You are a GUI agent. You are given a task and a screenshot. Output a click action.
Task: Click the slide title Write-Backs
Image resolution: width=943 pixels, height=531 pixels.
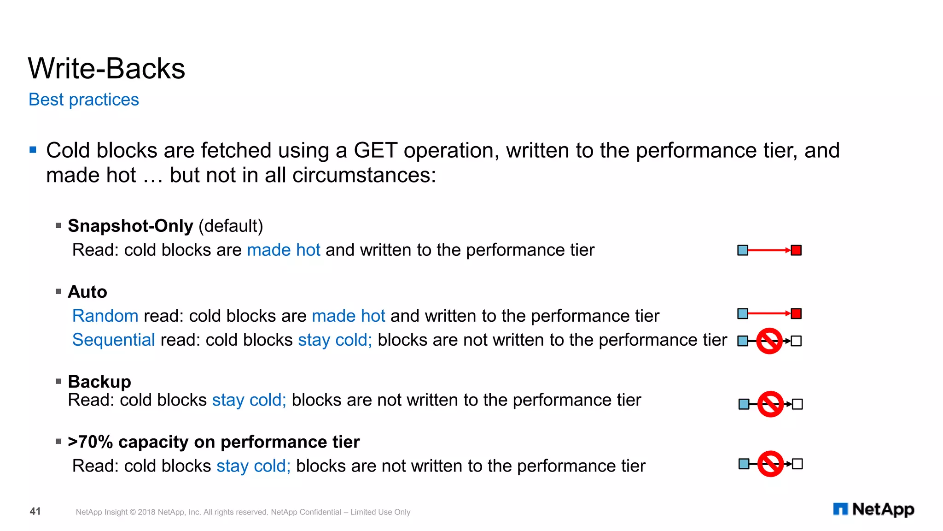pos(106,69)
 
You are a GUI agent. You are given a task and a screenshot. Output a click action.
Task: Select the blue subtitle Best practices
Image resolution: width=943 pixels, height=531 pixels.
pos(83,100)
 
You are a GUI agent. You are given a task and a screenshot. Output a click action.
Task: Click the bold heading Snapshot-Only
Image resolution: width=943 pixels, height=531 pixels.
pos(130,226)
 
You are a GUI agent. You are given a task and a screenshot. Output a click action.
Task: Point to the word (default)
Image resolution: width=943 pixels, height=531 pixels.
pos(231,226)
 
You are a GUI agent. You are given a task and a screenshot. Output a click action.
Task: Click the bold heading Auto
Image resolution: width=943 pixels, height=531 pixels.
pos(87,292)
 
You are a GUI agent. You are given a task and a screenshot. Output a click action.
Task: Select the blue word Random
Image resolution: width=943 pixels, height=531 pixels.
pos(105,316)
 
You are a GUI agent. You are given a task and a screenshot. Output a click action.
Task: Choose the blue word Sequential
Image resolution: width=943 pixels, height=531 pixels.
pos(114,340)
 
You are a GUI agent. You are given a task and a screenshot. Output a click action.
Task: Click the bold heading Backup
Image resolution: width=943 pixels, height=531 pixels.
pos(99,382)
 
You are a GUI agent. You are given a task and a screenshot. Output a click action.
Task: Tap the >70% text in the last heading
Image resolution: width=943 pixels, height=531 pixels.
pos(90,442)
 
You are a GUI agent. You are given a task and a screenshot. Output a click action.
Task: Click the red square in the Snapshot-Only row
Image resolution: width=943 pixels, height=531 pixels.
pos(796,250)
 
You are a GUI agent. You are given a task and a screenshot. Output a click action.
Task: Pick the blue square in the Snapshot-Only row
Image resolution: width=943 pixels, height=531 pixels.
pos(743,250)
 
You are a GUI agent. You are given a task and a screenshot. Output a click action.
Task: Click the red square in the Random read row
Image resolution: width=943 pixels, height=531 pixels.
pos(796,314)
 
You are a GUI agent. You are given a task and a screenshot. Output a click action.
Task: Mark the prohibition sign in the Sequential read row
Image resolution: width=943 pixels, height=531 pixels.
pos(769,341)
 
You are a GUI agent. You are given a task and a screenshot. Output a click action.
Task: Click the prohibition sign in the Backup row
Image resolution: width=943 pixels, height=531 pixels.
pos(770,404)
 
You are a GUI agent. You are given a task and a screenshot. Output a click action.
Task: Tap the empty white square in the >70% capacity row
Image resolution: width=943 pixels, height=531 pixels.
pos(797,464)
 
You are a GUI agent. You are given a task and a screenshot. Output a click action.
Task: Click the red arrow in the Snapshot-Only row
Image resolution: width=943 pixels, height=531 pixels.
pos(769,250)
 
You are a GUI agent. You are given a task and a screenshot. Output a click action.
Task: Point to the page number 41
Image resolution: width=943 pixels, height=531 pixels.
pos(35,511)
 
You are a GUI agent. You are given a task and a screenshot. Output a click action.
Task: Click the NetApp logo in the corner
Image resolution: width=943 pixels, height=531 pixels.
pos(873,509)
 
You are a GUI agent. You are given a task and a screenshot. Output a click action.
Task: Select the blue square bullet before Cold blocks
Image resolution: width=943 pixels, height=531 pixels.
pos(33,150)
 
